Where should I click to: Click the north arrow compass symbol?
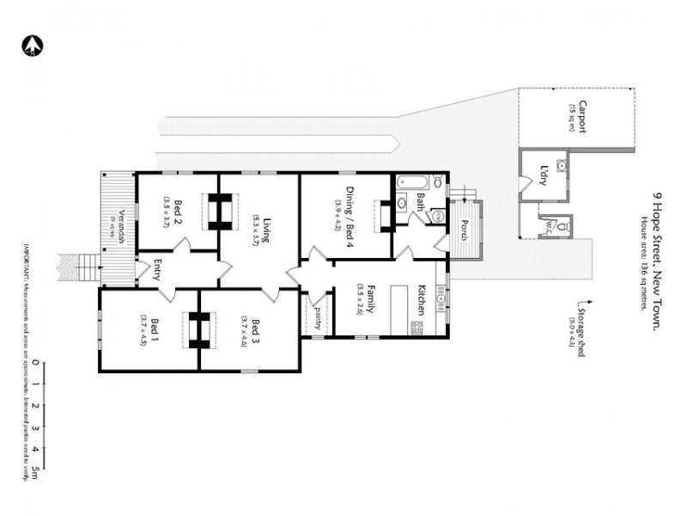coord(32,45)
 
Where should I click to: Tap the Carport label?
coord(582,117)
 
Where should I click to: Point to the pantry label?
coord(317,318)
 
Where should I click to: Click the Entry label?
coord(158,272)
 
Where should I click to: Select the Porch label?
coord(465,230)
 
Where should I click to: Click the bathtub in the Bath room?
coord(410,181)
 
